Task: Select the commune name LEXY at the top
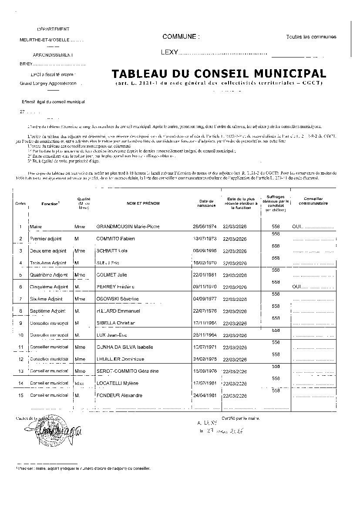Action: click(170, 52)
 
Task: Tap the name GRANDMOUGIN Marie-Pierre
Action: click(128, 227)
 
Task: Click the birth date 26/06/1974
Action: click(204, 227)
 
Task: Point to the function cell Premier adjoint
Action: click(46, 239)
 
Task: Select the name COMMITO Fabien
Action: click(115, 239)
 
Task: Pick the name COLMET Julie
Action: click(112, 275)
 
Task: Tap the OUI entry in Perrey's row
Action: click(297, 287)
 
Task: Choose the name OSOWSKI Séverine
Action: click(117, 299)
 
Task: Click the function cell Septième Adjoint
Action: click(47, 311)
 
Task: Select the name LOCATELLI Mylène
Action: click(117, 383)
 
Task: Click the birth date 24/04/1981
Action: click(204, 395)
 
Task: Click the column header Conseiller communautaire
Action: click(310, 201)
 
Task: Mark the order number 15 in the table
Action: click(20, 395)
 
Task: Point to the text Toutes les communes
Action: click(311, 37)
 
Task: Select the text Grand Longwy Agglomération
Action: click(48, 83)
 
